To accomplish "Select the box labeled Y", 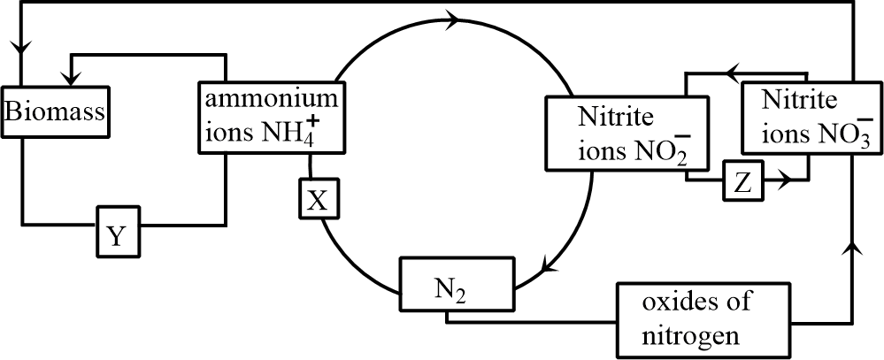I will click(117, 234).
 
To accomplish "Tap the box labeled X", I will click(317, 201).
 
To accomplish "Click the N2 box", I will click(455, 285).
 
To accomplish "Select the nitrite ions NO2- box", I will click(617, 133).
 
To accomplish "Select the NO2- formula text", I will click(656, 149).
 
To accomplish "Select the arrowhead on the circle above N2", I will click(549, 264).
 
